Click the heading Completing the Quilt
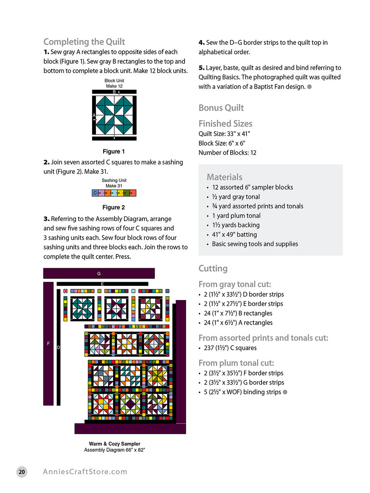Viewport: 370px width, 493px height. point(84,42)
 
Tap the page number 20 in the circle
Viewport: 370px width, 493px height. point(22,472)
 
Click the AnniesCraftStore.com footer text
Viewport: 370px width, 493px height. point(85,472)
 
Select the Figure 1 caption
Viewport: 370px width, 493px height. point(114,152)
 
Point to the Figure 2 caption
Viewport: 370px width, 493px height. point(114,207)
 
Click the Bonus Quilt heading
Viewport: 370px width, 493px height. point(221,108)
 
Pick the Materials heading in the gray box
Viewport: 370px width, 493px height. point(224,177)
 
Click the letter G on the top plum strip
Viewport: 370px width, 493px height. point(99,273)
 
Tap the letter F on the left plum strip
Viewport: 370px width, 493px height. point(48,344)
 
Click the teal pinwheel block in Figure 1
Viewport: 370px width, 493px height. point(114,115)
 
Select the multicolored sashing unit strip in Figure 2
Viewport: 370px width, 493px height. point(114,193)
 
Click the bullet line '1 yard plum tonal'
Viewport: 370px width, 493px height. point(236,216)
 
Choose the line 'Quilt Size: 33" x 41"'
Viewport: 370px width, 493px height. point(224,134)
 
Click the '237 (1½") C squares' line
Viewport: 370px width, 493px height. point(230,348)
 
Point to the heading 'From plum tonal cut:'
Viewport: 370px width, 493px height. point(236,363)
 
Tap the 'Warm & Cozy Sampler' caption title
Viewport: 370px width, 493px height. point(114,444)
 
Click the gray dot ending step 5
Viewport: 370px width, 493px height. point(309,87)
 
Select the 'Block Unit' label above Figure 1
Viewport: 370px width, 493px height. point(114,81)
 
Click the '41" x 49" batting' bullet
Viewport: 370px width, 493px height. point(234,235)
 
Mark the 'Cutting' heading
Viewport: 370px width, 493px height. point(213,268)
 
